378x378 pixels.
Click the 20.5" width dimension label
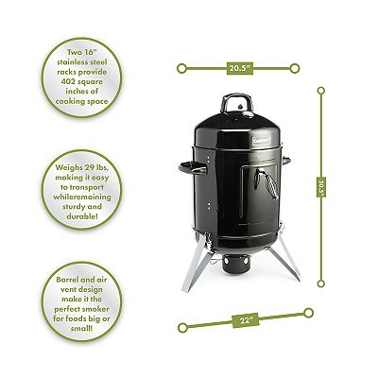[240, 68]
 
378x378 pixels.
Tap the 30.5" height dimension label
[321, 186]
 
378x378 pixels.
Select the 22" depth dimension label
[245, 320]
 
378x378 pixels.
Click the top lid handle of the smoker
[236, 102]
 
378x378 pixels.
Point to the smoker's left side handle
[192, 168]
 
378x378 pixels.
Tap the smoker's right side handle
[286, 161]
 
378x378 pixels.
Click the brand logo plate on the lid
[262, 140]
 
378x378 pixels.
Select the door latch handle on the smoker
[266, 182]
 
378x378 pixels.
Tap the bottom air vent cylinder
[235, 264]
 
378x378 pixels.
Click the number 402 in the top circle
[71, 82]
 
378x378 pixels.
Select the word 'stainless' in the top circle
[73, 62]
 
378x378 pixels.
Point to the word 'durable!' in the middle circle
[82, 216]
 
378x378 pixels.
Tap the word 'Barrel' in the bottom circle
[69, 280]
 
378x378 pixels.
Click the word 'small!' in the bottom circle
[82, 329]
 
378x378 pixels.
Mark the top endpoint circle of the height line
[321, 91]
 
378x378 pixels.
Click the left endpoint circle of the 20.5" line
[181, 68]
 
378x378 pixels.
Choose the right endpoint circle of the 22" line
[309, 313]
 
